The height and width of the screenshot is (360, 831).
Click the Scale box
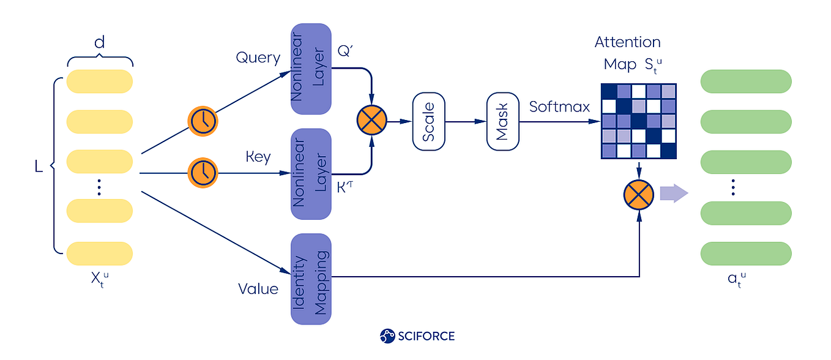coord(429,121)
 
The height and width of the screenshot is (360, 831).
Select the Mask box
coord(502,121)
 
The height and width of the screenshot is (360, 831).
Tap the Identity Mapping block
coord(311,279)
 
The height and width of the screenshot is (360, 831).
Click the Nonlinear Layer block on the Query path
coord(311,69)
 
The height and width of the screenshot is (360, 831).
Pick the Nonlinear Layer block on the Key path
coord(311,174)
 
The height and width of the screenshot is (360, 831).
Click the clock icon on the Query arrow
coord(203,121)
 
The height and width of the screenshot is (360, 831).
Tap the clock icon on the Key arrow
coord(203,173)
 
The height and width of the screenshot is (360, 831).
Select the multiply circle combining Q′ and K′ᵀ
coord(371,121)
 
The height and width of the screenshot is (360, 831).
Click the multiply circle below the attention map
coord(639,195)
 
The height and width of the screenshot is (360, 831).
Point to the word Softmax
coord(559,107)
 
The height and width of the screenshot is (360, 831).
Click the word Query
coord(258,58)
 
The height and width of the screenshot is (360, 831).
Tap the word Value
coord(258,288)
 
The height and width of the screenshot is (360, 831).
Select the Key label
coord(258,157)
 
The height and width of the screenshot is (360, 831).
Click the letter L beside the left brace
coord(39,167)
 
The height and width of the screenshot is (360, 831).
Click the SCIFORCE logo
coord(417,336)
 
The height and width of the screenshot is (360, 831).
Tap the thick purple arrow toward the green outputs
coord(674,194)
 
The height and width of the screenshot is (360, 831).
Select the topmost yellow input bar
coord(99,81)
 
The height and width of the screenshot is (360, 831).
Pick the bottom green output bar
coord(745,253)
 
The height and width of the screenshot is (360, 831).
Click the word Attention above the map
coord(627,42)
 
